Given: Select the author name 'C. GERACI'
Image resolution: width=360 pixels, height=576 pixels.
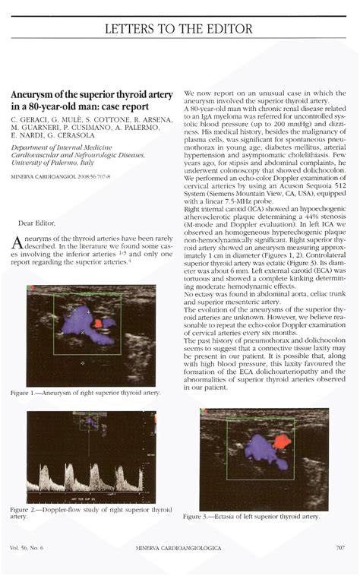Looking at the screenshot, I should tap(30, 120).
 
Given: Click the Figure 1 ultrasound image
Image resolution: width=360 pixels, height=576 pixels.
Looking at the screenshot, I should tap(90, 335).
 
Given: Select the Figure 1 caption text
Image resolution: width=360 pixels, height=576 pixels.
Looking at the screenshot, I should tap(85, 393).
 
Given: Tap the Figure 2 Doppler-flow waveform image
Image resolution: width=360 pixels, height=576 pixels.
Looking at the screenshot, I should tap(90, 454).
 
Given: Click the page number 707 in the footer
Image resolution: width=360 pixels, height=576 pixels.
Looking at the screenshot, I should tap(339, 547).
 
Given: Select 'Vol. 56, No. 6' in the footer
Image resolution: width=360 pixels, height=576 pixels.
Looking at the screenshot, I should tap(27, 547).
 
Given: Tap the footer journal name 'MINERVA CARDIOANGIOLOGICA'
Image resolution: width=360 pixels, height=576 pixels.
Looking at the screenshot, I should tap(178, 547).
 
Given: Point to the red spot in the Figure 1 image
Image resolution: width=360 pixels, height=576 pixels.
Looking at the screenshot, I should tap(98, 323).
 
